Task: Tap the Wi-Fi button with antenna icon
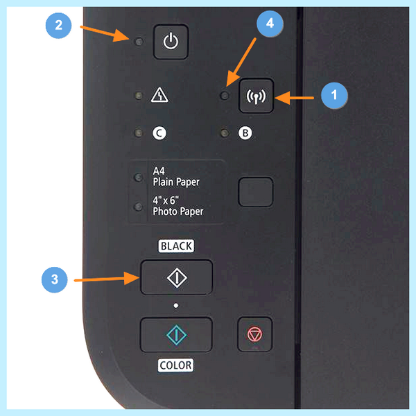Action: coord(256,96)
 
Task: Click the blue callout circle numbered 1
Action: coord(334,95)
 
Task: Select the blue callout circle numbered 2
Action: coord(58,26)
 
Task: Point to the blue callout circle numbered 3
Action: coord(54,279)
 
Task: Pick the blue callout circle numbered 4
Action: coord(270,24)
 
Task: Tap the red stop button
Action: coord(254,334)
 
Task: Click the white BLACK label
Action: coord(176,246)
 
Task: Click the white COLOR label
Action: coord(175,365)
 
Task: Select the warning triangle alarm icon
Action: coord(159,95)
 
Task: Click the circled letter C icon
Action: coord(159,133)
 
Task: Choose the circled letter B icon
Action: coord(245,133)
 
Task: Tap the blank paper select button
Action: coord(256,192)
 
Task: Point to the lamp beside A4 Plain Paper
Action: coord(138,177)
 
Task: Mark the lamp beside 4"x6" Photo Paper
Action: coord(138,207)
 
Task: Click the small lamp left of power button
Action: coord(139,42)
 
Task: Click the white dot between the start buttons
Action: coord(175,306)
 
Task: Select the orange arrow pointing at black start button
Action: coord(107,279)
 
